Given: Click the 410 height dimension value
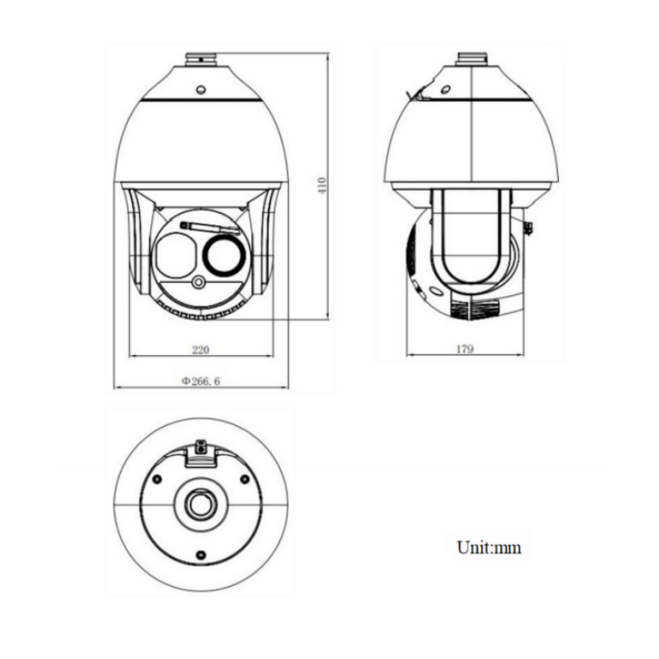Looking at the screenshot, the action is pos(322,185).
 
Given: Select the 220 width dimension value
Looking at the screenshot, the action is pos(200,350).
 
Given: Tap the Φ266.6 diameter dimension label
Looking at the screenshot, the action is pos(200,380).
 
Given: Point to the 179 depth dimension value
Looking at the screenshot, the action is pos(465,349).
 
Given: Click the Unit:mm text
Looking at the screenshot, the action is pos(489,547).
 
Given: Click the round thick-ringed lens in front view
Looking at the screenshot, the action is pos(224,256).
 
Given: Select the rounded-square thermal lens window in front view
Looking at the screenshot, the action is pos(175,256).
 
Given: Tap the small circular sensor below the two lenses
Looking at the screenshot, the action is pos(199,282).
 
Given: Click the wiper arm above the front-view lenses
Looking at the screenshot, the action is pos(210,228).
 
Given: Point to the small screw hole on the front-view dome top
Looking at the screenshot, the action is pos(201,90).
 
